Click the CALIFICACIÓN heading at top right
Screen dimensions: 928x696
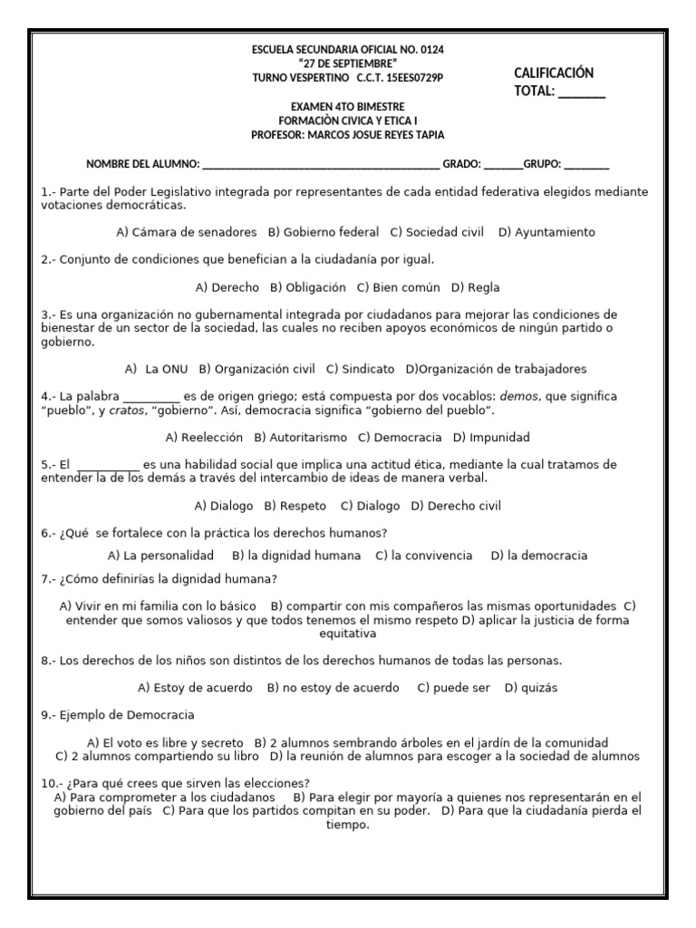coord(554,72)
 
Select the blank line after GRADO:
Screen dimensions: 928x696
coord(503,165)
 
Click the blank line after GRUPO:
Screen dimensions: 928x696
coord(586,165)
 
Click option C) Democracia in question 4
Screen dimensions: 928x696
coord(400,437)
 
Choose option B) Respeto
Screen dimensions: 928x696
coord(296,506)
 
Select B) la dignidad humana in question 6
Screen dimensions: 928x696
coord(295,555)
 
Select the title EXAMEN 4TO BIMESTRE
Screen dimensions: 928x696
coord(347,106)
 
